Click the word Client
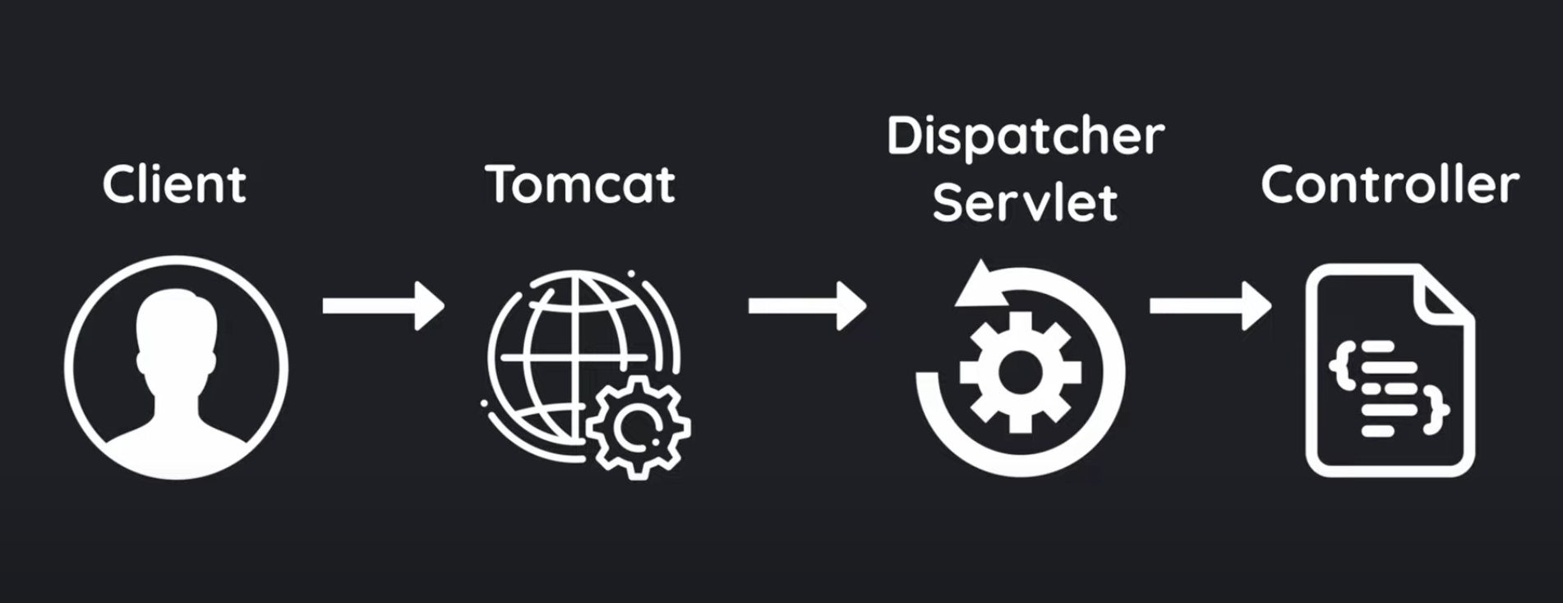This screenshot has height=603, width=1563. coord(174,184)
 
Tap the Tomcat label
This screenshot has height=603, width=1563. coord(580,184)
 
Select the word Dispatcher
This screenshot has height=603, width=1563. coord(1026,136)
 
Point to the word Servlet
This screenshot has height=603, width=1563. coord(1025,202)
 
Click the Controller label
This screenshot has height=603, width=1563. coord(1390,184)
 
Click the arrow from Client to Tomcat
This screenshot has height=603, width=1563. coord(383,306)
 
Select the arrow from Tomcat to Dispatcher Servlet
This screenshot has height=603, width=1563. coord(807,306)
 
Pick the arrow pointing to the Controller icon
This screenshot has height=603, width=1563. coord(1210,306)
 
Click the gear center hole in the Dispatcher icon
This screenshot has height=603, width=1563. coord(1020,372)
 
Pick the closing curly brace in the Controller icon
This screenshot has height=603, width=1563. coord(1437,411)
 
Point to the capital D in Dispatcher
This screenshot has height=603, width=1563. coord(904,136)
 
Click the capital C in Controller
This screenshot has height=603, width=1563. coord(1279,184)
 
